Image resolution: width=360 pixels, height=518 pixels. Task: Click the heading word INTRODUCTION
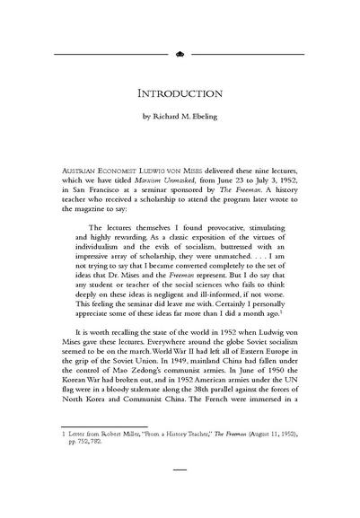[180, 93]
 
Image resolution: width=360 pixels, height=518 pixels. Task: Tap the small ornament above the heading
[180, 54]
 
